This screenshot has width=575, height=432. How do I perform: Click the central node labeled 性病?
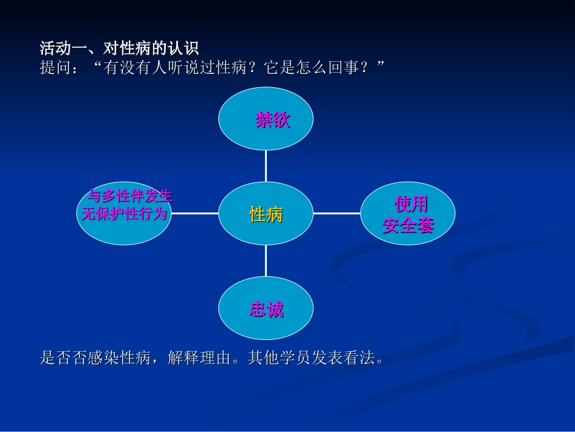tap(266, 214)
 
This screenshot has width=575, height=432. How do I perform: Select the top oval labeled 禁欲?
tap(266, 119)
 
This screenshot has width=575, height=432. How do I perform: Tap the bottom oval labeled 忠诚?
tap(266, 309)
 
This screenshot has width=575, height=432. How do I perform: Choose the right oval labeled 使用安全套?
tap(408, 214)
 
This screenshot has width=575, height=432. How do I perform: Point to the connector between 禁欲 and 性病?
tap(266, 165)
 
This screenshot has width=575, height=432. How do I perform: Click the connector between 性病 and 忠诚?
tap(266, 261)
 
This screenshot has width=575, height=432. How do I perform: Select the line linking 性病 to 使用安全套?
tap(337, 213)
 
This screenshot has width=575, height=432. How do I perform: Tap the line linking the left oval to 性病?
tap(194, 213)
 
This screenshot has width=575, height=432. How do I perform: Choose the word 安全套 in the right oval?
tap(408, 227)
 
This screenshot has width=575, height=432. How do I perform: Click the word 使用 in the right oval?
tap(411, 204)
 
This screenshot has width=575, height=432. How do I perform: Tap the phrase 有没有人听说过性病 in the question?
tap(173, 68)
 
